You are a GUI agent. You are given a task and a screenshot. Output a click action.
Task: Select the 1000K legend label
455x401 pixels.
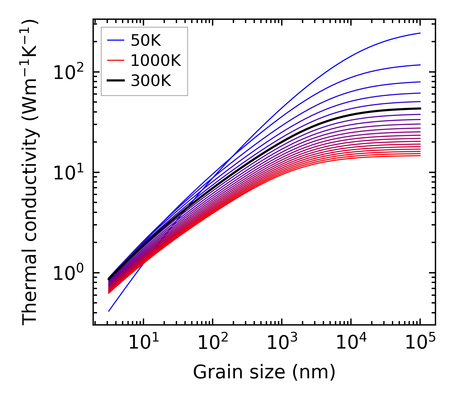pyautogui.click(x=156, y=60)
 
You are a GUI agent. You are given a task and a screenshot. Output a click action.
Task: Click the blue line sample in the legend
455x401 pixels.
pyautogui.click(x=115, y=40)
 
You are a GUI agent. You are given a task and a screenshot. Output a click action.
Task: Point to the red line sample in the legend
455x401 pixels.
pyautogui.click(x=115, y=60)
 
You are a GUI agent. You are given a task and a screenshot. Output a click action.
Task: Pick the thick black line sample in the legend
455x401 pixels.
pyautogui.click(x=115, y=81)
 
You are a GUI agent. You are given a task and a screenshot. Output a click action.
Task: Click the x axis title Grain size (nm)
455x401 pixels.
pyautogui.click(x=264, y=372)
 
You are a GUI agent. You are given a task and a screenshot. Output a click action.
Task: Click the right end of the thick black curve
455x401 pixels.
pyautogui.click(x=420, y=108)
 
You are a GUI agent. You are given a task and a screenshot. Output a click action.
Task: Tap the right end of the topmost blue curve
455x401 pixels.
pyautogui.click(x=420, y=33)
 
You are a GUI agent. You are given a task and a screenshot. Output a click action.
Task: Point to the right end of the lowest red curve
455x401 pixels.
pyautogui.click(x=420, y=156)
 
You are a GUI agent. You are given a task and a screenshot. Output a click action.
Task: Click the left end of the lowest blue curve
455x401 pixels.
pyautogui.click(x=109, y=311)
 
